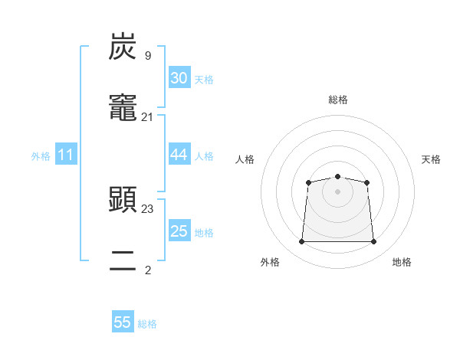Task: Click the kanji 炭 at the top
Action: [123, 47]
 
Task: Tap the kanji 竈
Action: [123, 110]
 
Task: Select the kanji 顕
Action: [123, 201]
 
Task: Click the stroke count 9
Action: [147, 55]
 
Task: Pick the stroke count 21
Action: [147, 117]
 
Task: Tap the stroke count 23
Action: [147, 208]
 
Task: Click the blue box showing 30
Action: [179, 78]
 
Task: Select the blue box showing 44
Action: [179, 155]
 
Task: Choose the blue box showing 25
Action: [179, 231]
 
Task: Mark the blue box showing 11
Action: [66, 155]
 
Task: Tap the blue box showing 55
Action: [123, 322]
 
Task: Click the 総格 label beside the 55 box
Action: [147, 324]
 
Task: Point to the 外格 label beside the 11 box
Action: [41, 156]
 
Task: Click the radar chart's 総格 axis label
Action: [337, 100]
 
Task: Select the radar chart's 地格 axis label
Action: [402, 263]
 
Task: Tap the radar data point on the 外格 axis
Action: [301, 242]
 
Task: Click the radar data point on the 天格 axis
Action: [367, 182]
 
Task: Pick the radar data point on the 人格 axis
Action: [308, 182]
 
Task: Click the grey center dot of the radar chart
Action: [337, 191]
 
